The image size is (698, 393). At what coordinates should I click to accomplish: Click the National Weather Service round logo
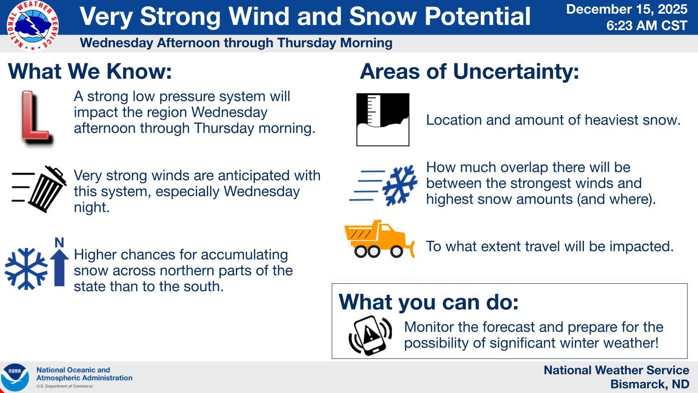[32, 26]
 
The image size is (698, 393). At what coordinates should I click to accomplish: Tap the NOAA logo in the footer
[15, 378]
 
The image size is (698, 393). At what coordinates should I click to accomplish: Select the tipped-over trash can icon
[47, 189]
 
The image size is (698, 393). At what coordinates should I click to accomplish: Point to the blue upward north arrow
[59, 268]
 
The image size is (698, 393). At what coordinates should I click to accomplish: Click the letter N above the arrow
[59, 242]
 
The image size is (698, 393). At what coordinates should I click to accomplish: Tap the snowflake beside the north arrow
[26, 269]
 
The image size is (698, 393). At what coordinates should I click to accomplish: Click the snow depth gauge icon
[383, 120]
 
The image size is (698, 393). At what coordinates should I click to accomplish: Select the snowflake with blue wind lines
[399, 185]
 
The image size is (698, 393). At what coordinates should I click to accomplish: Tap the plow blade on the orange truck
[412, 249]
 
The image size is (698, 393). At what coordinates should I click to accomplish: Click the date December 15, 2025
[627, 9]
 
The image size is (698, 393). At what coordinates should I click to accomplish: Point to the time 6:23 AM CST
[647, 25]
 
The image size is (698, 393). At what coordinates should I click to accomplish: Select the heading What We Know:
[90, 71]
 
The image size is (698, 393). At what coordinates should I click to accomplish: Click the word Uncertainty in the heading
[516, 72]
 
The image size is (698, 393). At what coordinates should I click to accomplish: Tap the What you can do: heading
[429, 302]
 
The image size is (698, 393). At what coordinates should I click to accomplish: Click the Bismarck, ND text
[650, 384]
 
